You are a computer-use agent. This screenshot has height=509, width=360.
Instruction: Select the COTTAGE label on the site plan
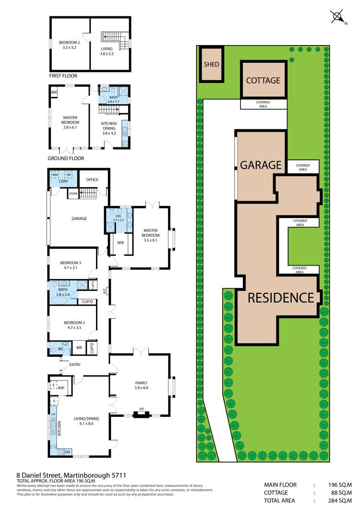pos(263,80)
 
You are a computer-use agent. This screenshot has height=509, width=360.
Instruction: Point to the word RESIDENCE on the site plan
pos(281,298)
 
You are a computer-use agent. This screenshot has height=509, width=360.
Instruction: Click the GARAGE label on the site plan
pos(261,165)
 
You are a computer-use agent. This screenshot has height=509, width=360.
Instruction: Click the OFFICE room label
pos(92,180)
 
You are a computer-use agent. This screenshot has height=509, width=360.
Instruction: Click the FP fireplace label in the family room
pos(142,410)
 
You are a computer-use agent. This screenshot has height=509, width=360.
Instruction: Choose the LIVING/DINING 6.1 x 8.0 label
pos(86,421)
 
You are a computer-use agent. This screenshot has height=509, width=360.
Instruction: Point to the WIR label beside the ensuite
pos(120,242)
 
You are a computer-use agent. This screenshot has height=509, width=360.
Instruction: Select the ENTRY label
pos(74,364)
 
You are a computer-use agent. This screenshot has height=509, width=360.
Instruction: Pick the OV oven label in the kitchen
pos(68,451)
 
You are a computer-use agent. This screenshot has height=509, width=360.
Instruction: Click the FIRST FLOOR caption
pos(63,76)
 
